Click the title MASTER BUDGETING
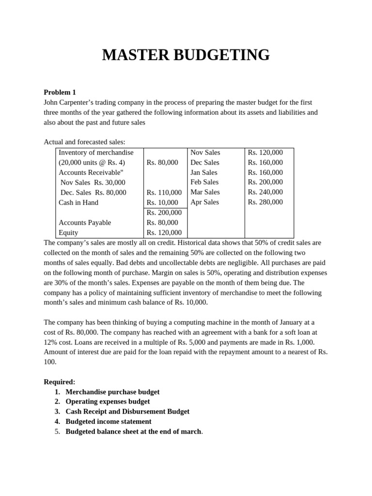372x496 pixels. (186, 55)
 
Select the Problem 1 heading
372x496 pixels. (60, 92)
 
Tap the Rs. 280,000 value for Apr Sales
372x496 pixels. (265, 202)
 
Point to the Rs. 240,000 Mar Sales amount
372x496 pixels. (265, 192)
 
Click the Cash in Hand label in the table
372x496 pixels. (78, 202)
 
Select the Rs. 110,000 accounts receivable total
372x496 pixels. (164, 192)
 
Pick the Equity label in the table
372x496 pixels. (68, 232)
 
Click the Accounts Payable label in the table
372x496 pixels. (85, 222)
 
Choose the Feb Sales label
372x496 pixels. (204, 182)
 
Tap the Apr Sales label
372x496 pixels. (204, 202)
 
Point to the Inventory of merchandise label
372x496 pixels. (96, 153)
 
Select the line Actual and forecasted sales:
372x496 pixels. (84, 142)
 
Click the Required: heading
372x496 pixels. (59, 382)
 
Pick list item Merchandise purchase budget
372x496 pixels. (112, 392)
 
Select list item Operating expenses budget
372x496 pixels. (108, 402)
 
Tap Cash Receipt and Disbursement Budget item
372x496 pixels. (127, 411)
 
